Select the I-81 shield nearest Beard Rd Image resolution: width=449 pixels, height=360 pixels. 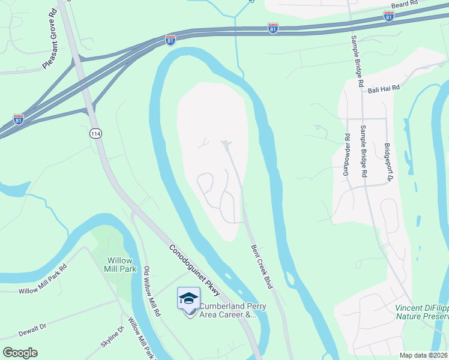click(388, 17)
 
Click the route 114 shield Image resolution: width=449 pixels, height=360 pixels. click(95, 133)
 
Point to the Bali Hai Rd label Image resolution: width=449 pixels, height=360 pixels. click(384, 88)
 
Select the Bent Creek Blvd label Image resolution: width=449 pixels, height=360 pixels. click(261, 267)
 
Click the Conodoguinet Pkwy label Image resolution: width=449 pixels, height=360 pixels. click(194, 271)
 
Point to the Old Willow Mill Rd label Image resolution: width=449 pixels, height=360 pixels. click(151, 292)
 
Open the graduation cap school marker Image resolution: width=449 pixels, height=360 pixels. click(188, 298)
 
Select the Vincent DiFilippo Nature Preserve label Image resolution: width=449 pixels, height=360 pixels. click(421, 312)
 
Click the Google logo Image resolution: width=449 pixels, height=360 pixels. click(20, 353)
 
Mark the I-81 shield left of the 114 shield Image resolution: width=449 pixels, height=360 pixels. click(18, 119)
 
